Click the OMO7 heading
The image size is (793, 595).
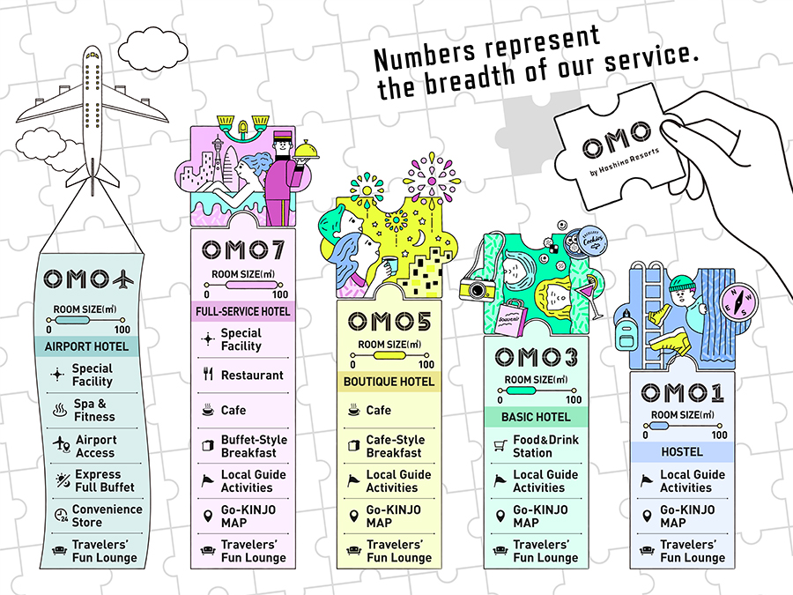point(243,250)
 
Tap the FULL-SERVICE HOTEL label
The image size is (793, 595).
point(243,312)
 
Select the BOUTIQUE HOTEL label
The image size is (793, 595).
point(389,382)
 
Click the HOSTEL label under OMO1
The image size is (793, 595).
point(682,452)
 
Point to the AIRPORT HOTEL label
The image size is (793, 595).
point(86,346)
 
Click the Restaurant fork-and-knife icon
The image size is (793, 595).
point(208,375)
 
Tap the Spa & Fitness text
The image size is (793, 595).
point(94,410)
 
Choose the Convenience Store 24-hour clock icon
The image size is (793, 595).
point(61,515)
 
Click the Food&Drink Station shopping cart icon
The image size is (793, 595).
point(500,446)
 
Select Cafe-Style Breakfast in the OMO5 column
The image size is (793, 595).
point(396,446)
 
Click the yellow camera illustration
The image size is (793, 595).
point(478,288)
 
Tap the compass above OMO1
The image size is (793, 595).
point(737,301)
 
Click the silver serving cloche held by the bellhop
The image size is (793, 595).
point(309,151)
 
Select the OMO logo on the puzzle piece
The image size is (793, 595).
point(617,139)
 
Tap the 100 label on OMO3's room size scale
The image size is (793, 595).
point(574,399)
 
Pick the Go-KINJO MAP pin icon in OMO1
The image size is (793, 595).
point(647,516)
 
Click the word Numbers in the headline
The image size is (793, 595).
point(425,54)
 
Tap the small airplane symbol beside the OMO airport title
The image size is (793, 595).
point(123,279)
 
